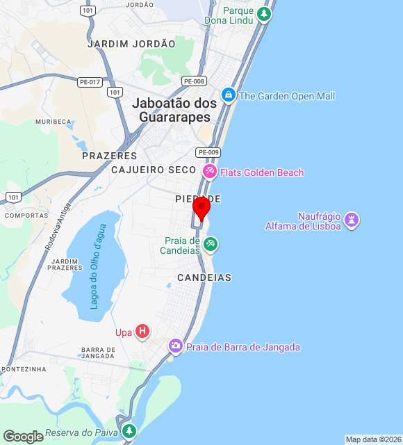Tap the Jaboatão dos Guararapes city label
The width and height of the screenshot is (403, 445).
click(x=174, y=110)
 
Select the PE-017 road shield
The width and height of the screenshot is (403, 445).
click(x=90, y=81)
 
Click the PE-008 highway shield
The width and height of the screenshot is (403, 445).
click(x=194, y=81)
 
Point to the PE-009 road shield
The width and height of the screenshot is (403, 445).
click(x=208, y=152)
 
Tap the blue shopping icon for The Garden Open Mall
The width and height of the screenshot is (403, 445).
click(x=228, y=95)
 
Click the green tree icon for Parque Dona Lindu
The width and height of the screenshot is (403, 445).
click(x=263, y=13)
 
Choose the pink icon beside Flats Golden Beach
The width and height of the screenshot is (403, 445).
click(x=208, y=171)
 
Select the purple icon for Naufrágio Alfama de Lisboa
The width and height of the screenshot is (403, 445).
click(x=352, y=220)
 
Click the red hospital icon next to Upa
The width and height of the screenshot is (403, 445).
click(x=142, y=332)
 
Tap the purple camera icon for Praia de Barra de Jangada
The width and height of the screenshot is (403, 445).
click(x=175, y=346)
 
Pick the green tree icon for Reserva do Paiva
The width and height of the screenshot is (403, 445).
click(x=129, y=432)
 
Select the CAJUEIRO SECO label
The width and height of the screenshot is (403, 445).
click(x=154, y=170)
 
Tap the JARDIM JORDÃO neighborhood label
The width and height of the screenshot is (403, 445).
click(x=131, y=44)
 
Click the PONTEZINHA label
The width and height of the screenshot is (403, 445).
click(x=24, y=369)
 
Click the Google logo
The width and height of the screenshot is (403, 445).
click(x=23, y=436)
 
